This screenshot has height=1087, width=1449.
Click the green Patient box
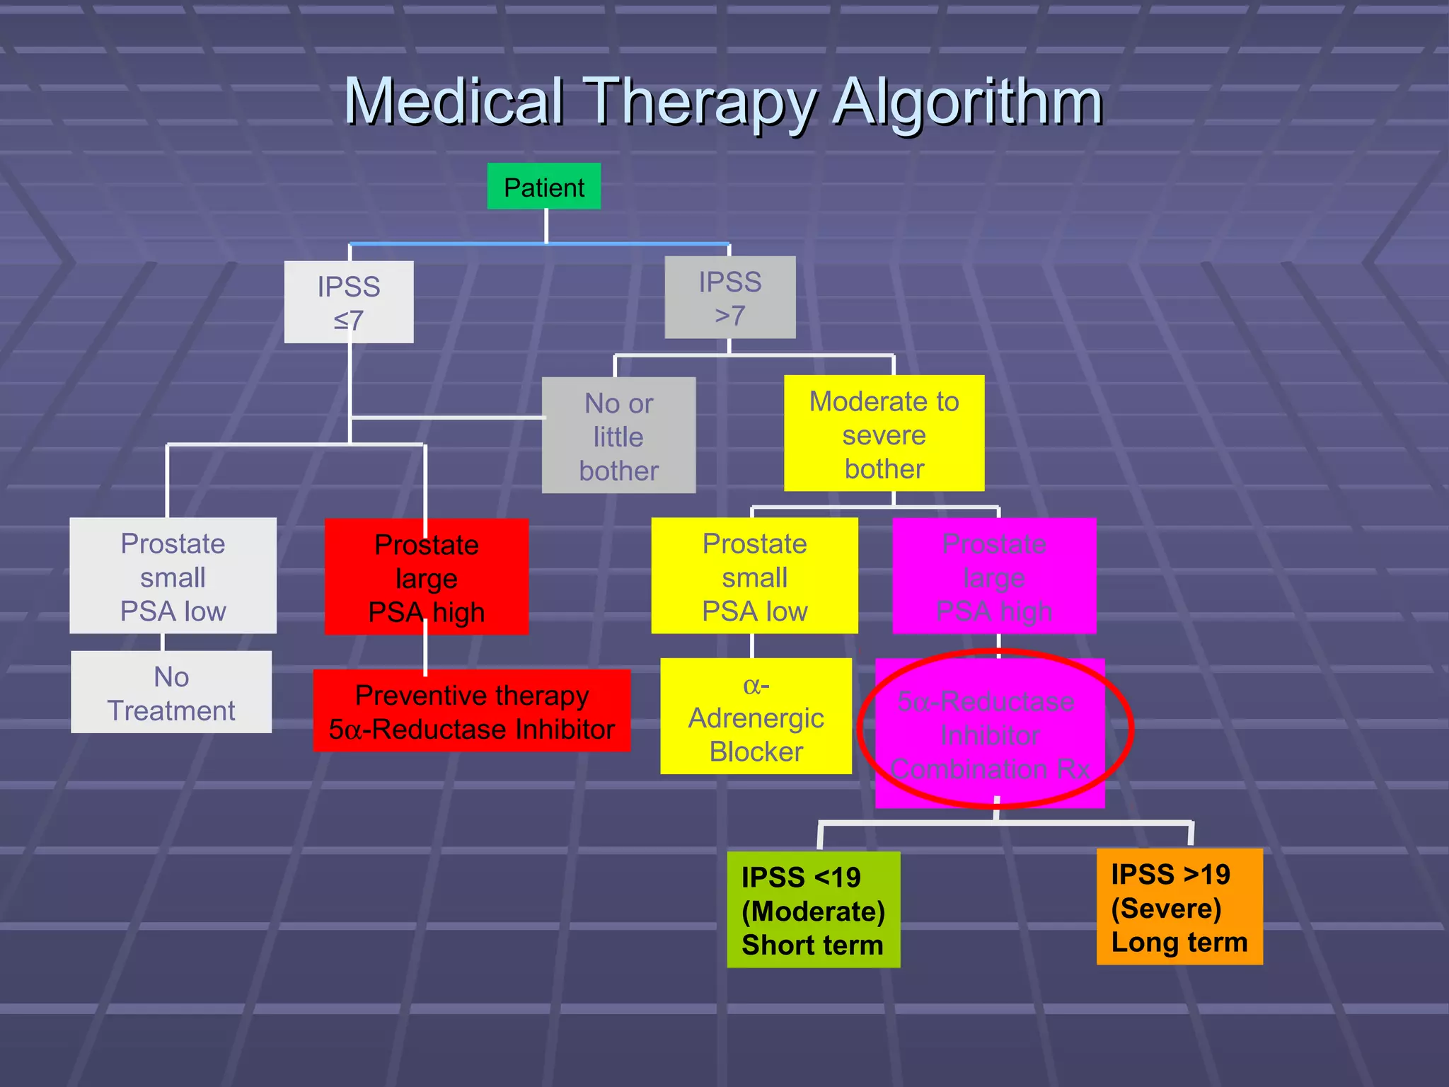click(543, 187)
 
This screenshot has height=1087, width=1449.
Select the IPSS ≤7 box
click(349, 302)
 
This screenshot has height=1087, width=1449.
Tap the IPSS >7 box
click(730, 297)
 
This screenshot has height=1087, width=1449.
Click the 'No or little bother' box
click(618, 435)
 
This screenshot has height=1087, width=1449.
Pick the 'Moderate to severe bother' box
click(884, 434)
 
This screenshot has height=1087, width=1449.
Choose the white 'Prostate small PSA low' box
click(173, 576)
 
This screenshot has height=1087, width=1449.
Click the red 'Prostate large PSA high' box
click(427, 577)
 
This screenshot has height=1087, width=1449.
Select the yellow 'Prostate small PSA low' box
click(754, 576)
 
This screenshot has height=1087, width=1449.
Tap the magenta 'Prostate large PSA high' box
click(994, 576)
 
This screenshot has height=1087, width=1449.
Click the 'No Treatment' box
click(171, 692)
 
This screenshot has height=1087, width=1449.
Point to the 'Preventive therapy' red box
click(471, 711)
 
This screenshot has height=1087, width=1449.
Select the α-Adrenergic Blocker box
click(756, 716)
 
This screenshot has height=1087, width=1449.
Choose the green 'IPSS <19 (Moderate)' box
click(813, 909)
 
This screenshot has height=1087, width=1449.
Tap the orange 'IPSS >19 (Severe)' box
click(1179, 907)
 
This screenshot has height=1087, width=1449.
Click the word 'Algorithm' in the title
click(967, 103)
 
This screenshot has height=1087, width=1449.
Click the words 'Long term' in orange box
click(1179, 942)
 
